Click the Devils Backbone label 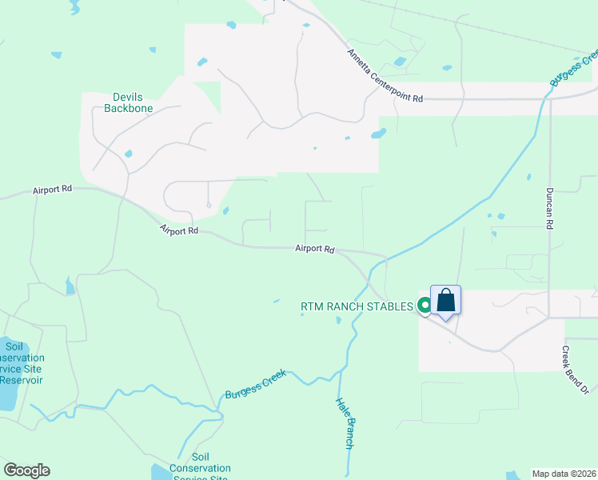tap(128, 102)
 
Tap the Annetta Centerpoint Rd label tap(385, 75)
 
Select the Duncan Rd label tap(550, 209)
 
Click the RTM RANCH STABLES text tap(357, 306)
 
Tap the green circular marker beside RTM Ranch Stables tap(425, 305)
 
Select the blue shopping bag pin tap(446, 302)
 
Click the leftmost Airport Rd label tap(53, 190)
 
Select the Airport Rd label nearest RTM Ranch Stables tap(314, 249)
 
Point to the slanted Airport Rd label tap(179, 230)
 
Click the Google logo tap(26, 470)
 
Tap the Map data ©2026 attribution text tap(564, 474)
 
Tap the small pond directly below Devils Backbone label tap(128, 154)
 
